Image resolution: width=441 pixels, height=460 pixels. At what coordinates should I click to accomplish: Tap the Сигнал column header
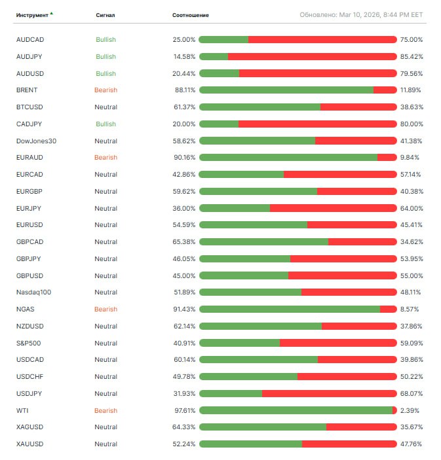coord(105,15)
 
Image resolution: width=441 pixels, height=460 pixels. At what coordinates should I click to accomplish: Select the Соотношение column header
coord(191,15)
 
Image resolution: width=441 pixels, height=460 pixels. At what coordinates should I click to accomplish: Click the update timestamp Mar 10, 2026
coord(361,14)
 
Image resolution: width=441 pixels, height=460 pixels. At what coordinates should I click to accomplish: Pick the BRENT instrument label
coord(27,90)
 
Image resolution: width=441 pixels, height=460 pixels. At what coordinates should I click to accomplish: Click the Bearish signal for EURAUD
coord(105,158)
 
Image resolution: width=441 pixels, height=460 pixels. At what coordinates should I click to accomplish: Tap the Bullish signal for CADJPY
coord(105,124)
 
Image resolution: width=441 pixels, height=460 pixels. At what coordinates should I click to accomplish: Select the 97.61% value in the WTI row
coord(185,411)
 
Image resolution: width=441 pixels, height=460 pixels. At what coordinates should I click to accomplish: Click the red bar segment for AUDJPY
coord(312,56)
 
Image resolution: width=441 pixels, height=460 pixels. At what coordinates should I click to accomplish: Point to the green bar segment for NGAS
coord(289,310)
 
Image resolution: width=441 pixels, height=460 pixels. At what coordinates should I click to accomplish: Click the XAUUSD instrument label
coord(29,444)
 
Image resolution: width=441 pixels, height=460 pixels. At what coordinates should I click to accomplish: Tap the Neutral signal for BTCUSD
coord(105,107)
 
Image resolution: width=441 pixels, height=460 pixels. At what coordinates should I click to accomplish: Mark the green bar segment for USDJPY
coord(231,394)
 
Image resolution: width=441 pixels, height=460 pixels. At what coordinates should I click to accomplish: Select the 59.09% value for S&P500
coord(411,343)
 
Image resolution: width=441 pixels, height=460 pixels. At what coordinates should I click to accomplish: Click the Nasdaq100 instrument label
coord(33,292)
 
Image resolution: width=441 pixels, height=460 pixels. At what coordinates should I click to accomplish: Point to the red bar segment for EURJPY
coord(333,208)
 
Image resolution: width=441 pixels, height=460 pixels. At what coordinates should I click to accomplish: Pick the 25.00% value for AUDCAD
coord(184,40)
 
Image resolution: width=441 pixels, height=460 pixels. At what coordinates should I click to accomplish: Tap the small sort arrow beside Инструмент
coord(52,13)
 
